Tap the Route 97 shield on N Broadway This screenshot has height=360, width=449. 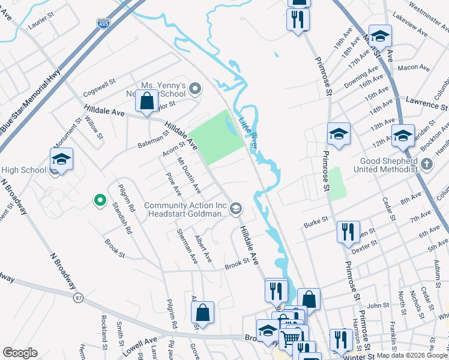click(x=79, y=298)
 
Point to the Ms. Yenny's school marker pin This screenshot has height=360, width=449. click(x=194, y=90)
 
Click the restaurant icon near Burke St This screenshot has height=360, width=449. click(x=348, y=232)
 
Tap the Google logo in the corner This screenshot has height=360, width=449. click(x=20, y=353)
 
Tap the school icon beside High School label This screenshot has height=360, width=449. click(x=61, y=160)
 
